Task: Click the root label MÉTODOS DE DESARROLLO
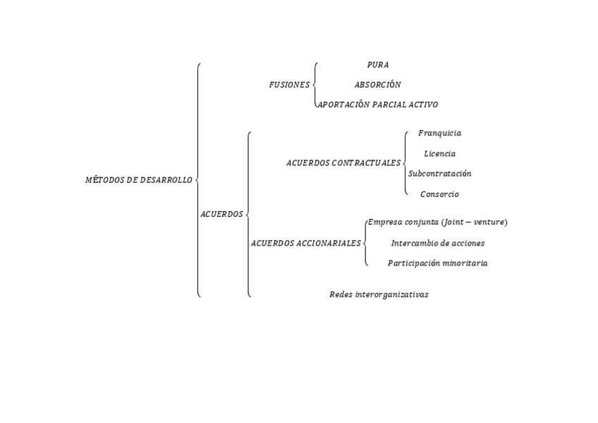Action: pos(138,180)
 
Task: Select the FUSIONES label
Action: pos(289,85)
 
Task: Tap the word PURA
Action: pos(377,65)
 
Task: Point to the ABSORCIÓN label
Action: pos(377,85)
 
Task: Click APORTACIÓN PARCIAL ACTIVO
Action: pos(378,105)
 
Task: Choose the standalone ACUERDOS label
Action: pos(221,214)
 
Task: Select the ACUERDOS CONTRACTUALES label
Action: pos(343,163)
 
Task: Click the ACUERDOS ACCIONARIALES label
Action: pos(305,244)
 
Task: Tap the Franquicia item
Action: pos(439,133)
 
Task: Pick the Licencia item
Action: pos(439,153)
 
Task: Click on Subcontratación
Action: pos(440,174)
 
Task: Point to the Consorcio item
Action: pos(439,194)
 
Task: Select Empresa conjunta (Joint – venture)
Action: pos(437,222)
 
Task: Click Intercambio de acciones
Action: pos(437,243)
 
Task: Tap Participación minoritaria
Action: pos(437,263)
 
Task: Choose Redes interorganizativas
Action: pos(379,294)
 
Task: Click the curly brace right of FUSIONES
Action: pos(315,85)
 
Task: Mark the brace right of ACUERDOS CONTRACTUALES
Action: pos(405,163)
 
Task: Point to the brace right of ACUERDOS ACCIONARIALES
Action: pos(365,243)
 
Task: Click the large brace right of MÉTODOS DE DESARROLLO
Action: pos(198,180)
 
